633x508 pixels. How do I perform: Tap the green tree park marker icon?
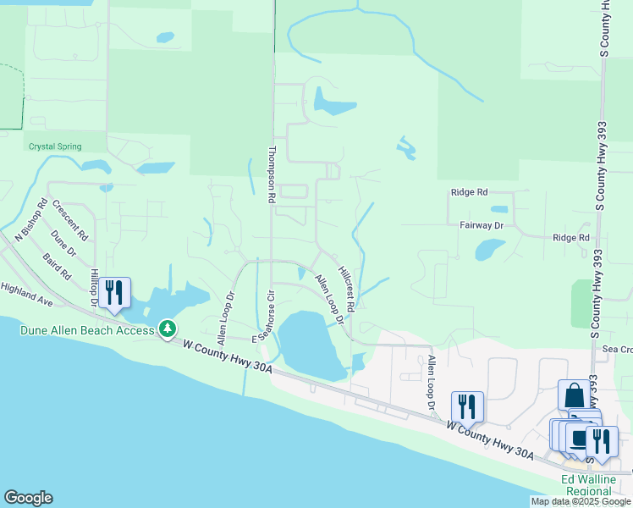(x=168, y=328)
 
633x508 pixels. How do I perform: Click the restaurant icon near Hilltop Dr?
(x=114, y=292)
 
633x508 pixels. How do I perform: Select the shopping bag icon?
(x=574, y=395)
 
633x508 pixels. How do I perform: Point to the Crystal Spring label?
(x=55, y=146)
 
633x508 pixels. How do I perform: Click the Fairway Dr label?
(x=482, y=226)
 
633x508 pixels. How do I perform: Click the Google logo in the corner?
(x=28, y=498)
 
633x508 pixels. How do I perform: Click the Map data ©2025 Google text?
(x=581, y=501)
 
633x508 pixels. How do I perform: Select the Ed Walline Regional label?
(x=589, y=485)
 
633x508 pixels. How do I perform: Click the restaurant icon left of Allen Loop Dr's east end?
(x=467, y=406)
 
